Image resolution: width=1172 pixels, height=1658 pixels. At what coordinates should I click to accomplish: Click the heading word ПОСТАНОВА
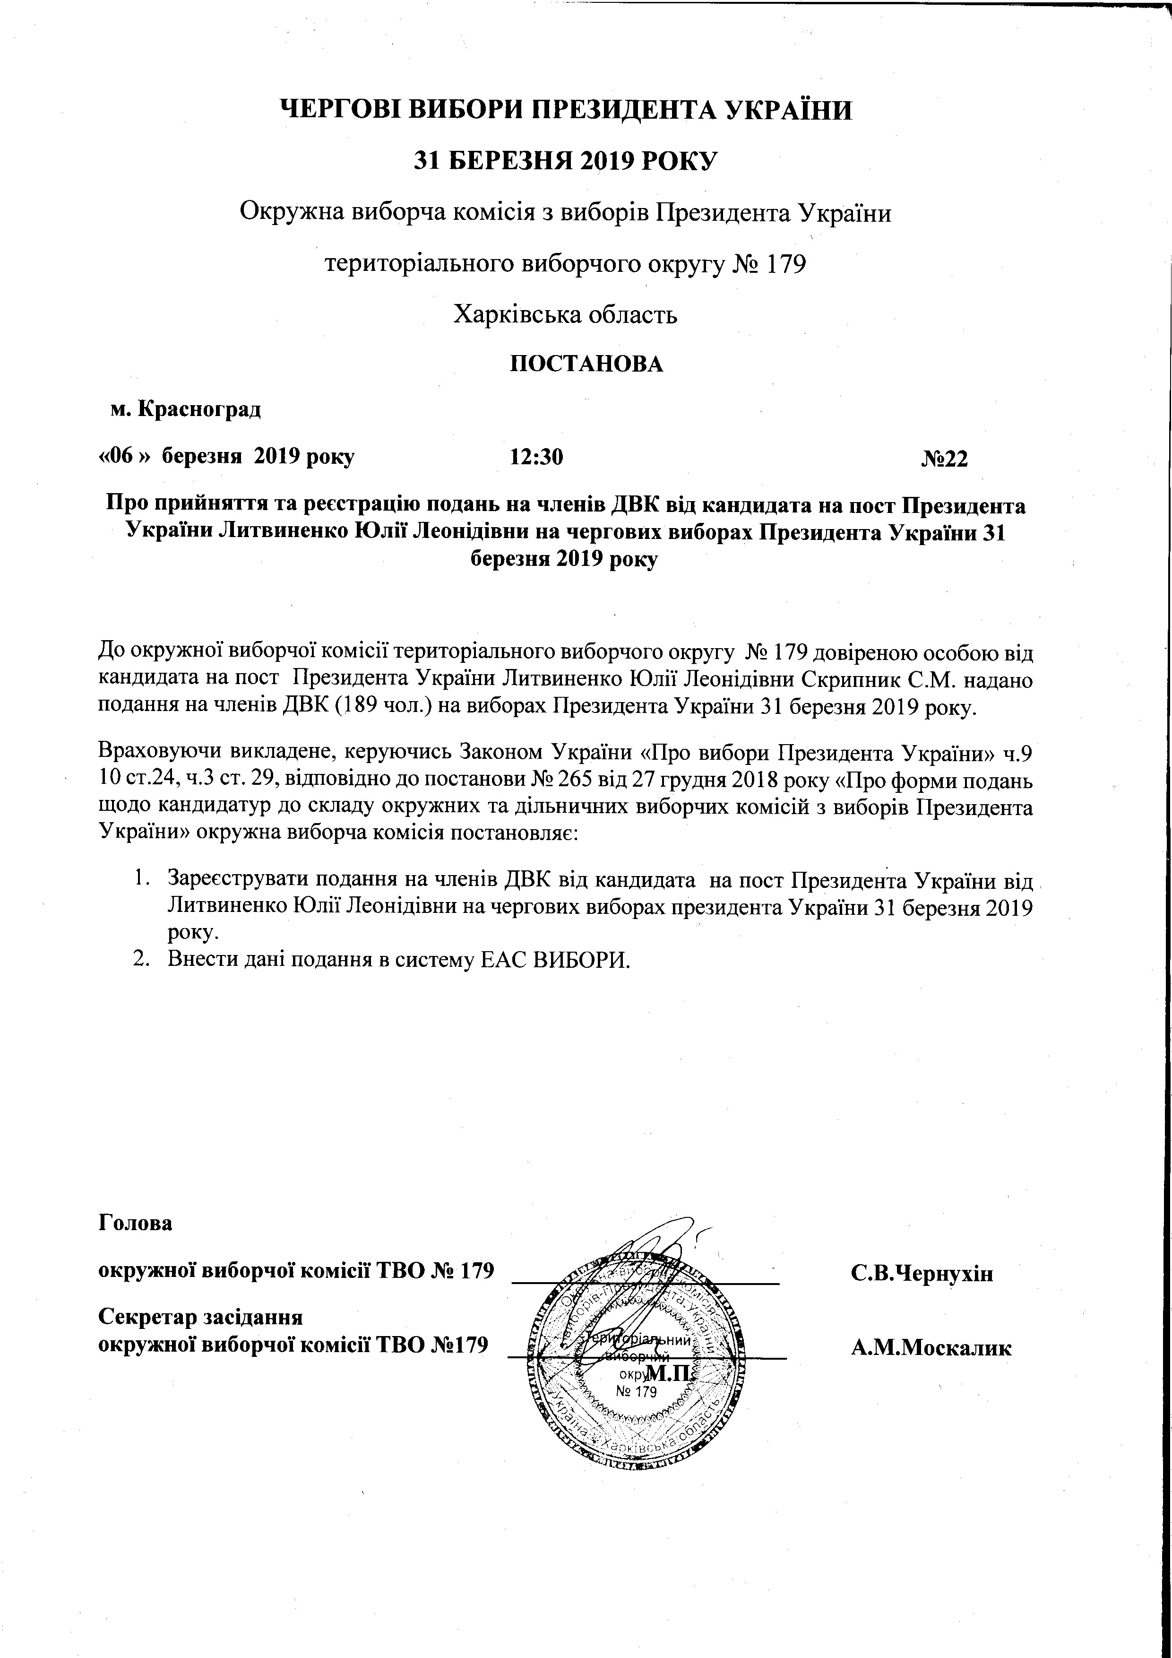[586, 363]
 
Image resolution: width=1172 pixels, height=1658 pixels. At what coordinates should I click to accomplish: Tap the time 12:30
[536, 457]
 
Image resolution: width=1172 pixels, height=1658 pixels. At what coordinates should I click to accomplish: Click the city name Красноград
[198, 409]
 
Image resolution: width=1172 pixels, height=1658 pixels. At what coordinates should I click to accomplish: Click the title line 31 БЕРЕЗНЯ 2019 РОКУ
[565, 160]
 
